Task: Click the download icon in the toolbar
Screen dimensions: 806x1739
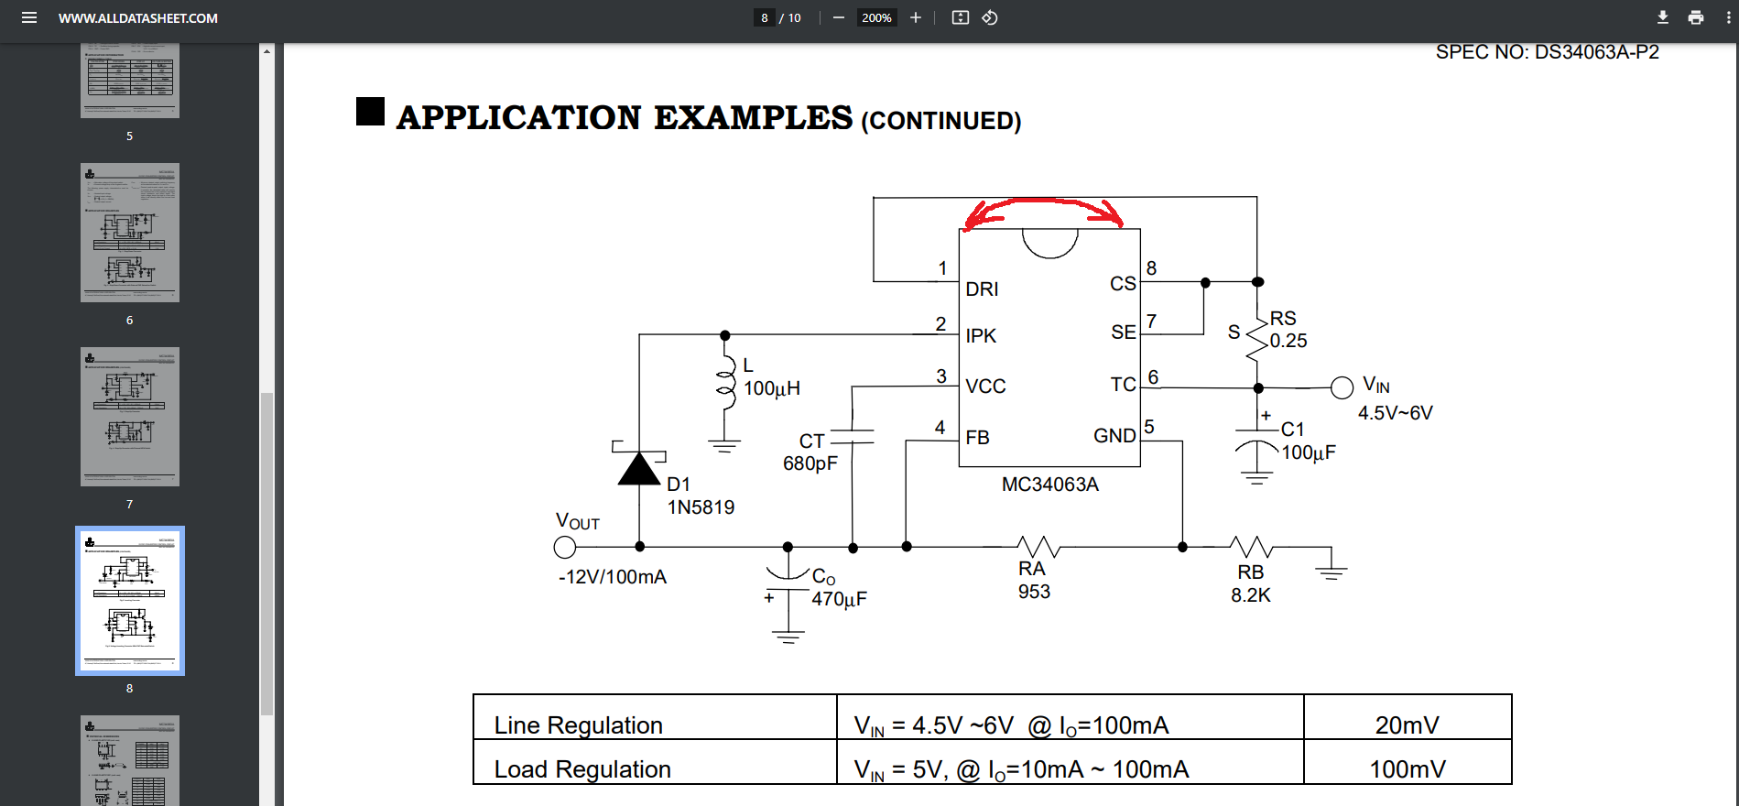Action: pyautogui.click(x=1663, y=17)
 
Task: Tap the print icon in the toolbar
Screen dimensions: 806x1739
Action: pyautogui.click(x=1696, y=17)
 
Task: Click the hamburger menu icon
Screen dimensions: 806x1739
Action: pyautogui.click(x=29, y=17)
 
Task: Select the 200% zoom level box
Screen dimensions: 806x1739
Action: pyautogui.click(x=876, y=17)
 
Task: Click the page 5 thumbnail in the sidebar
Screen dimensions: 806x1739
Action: pyautogui.click(x=130, y=81)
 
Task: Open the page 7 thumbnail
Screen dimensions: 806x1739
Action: pyautogui.click(x=130, y=417)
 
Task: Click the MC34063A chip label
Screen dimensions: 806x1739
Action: pyautogui.click(x=1049, y=485)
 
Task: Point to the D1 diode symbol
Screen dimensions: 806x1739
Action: pyautogui.click(x=639, y=468)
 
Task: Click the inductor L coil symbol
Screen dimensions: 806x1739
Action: pyautogui.click(x=725, y=385)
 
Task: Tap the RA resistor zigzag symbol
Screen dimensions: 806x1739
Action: pyautogui.click(x=1038, y=547)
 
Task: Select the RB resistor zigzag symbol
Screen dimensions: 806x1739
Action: pyautogui.click(x=1251, y=547)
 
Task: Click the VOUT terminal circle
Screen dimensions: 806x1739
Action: pyautogui.click(x=565, y=547)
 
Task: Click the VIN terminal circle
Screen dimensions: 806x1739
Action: pyautogui.click(x=1342, y=387)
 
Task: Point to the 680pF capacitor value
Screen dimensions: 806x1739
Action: pyautogui.click(x=810, y=463)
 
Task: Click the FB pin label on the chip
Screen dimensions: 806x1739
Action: pyautogui.click(x=977, y=438)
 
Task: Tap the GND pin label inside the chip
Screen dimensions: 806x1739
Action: pyautogui.click(x=1114, y=436)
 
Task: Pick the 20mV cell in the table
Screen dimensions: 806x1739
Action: pyautogui.click(x=1407, y=725)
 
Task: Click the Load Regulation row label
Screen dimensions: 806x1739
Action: pyautogui.click(x=582, y=769)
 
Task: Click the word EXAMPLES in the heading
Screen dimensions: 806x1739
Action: pyautogui.click(x=753, y=118)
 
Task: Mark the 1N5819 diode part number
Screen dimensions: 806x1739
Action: pyautogui.click(x=701, y=507)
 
